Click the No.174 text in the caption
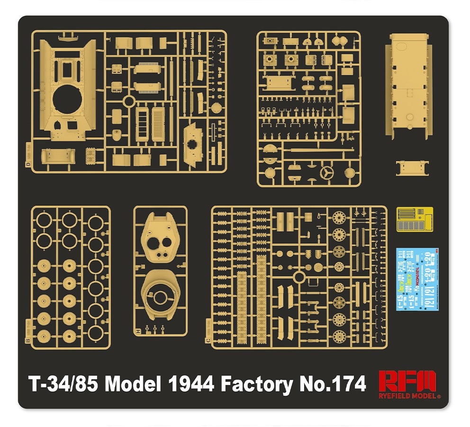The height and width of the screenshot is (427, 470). click(332, 384)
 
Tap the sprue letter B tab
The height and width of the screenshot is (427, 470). click(28, 341)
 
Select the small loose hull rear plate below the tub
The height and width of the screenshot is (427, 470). click(414, 168)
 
